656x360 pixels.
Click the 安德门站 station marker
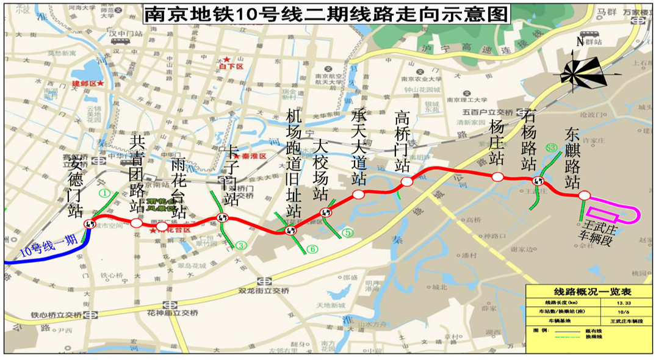90,223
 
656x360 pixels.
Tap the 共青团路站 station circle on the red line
137,223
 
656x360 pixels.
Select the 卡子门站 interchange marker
222,217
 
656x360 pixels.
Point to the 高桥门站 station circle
406,182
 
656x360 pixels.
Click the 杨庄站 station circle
497,177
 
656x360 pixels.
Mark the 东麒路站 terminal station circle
584,195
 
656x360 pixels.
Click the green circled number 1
104,194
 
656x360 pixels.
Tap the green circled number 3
242,245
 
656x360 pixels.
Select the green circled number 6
312,248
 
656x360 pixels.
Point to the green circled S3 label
552,147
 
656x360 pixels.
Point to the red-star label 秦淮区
251,156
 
